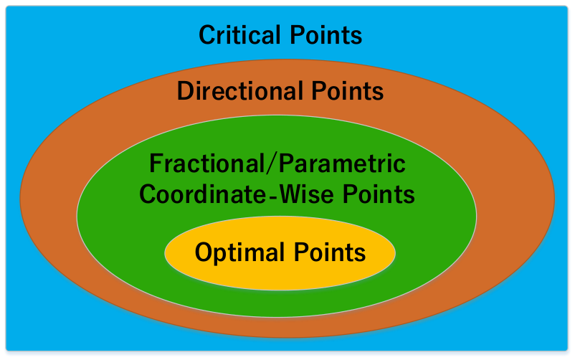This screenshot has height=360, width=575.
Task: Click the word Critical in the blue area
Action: tap(239, 35)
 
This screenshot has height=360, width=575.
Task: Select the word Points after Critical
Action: tap(326, 35)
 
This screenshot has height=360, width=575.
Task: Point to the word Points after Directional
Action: tap(348, 90)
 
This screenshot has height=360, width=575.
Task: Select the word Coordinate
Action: tap(203, 194)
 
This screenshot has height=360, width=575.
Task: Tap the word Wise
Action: tap(307, 194)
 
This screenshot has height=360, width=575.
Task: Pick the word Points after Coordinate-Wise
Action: tap(379, 194)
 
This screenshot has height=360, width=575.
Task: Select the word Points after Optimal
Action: tap(330, 252)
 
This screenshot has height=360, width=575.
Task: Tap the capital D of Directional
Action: tap(186, 90)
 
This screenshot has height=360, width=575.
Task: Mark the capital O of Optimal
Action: tap(204, 252)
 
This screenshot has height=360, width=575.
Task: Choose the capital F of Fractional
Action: tap(156, 164)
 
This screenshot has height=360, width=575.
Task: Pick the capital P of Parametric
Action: tap(286, 164)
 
